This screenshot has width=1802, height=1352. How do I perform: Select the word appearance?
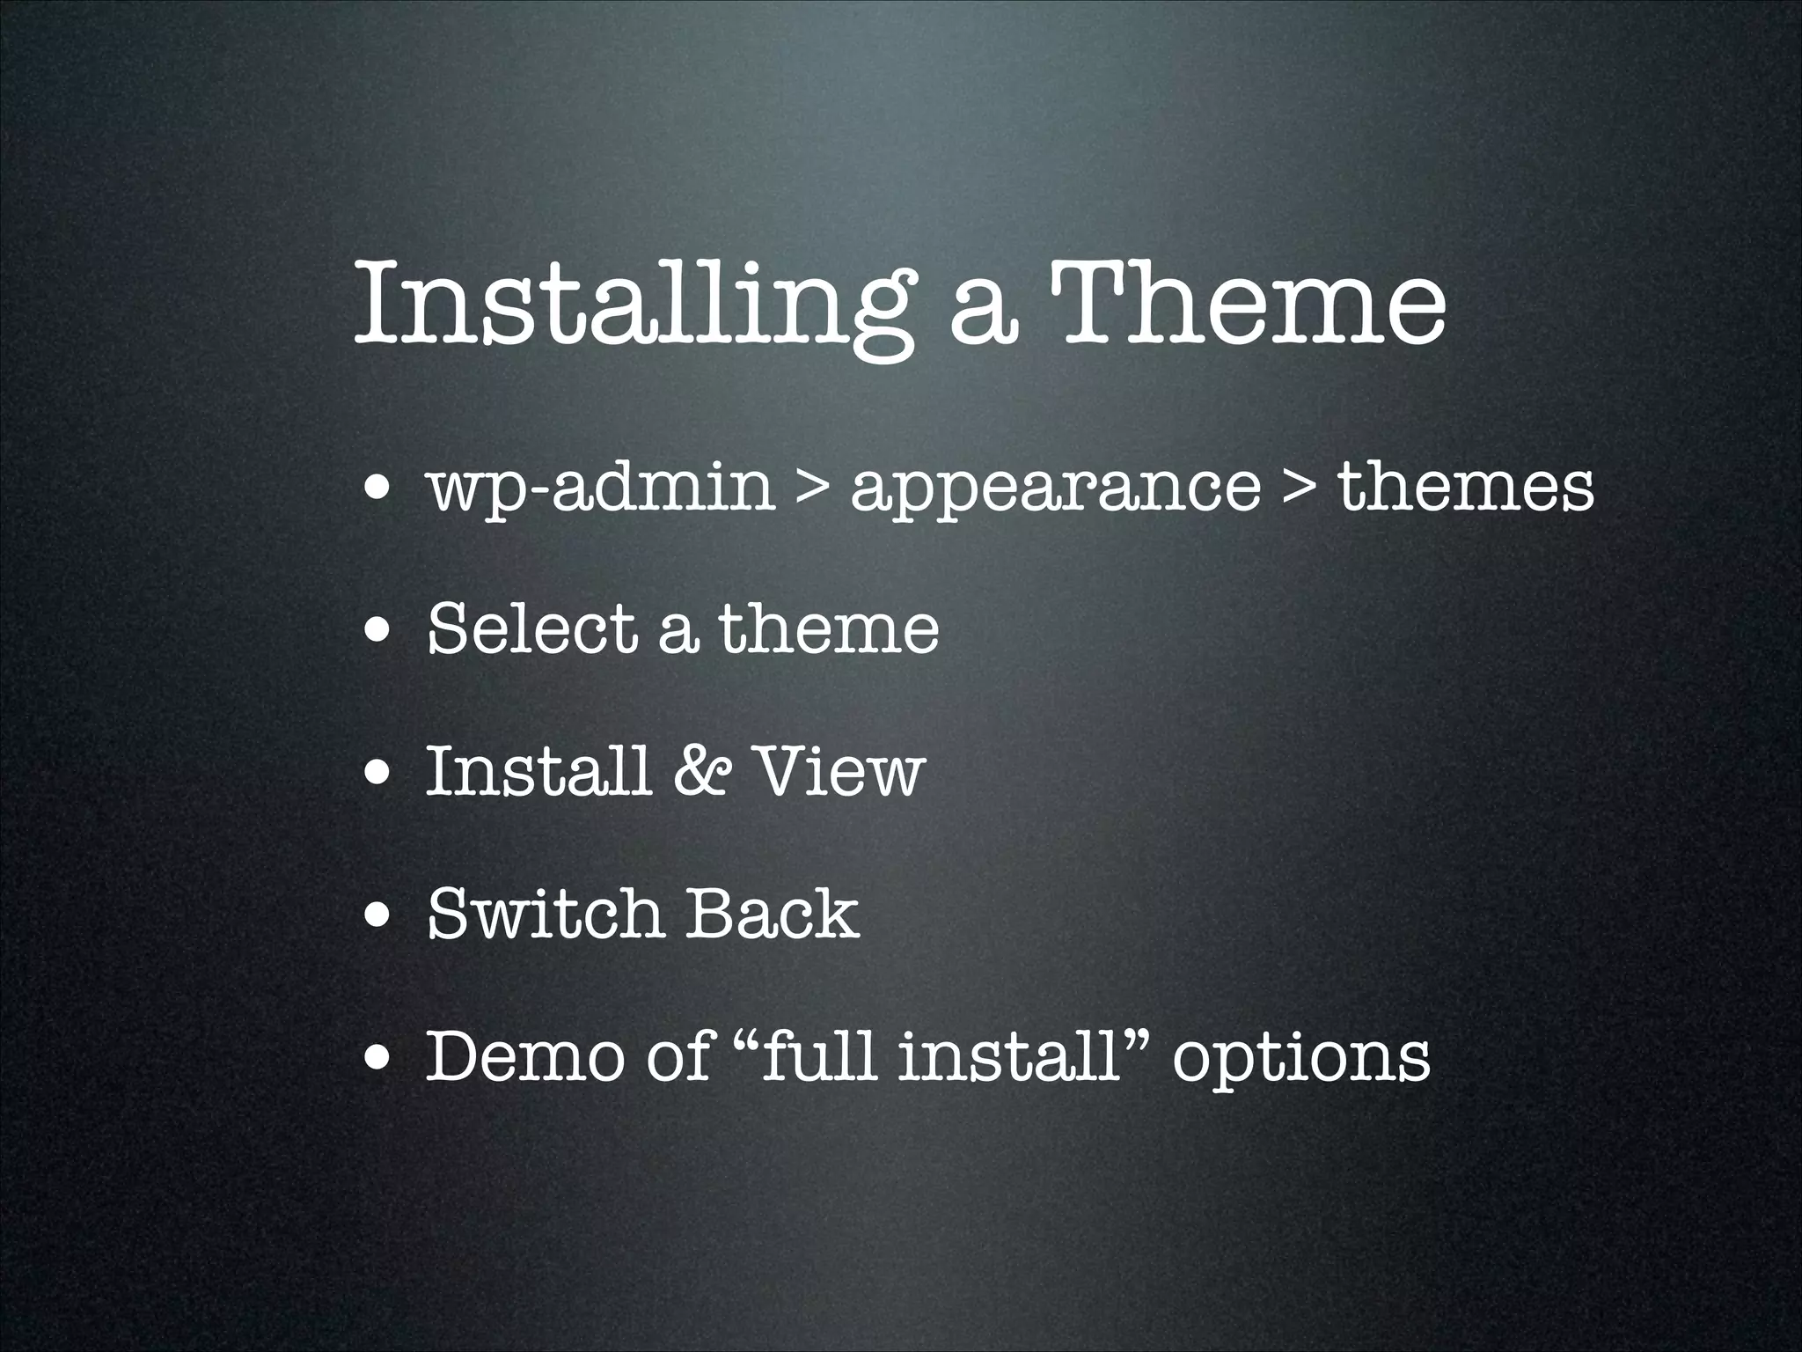1055,489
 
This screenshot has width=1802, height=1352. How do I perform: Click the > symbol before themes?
1300,489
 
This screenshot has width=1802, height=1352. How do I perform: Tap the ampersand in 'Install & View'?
700,771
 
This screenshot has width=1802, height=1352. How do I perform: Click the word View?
840,771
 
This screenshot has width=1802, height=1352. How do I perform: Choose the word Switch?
543,914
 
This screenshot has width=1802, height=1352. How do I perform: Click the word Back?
772,914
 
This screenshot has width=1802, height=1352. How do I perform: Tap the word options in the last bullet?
1301,1059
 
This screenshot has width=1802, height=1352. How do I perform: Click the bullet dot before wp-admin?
379,491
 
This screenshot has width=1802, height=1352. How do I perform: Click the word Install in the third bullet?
537,771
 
